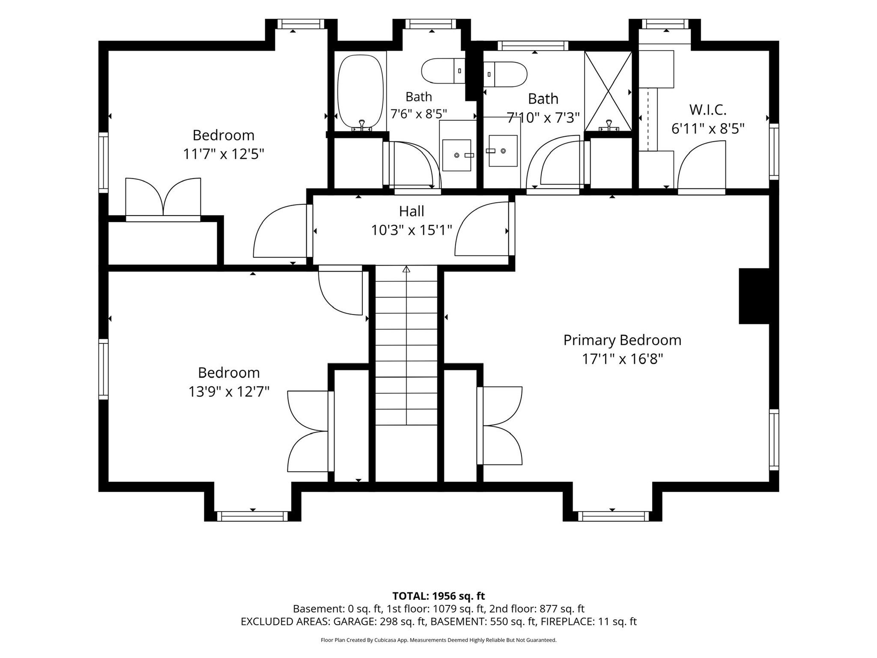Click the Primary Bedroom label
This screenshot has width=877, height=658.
click(x=622, y=340)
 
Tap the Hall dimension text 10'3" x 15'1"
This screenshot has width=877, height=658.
click(x=412, y=230)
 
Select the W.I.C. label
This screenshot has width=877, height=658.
click(x=708, y=110)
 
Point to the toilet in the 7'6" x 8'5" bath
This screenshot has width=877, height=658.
click(x=443, y=71)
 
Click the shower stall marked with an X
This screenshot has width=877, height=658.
click(x=608, y=91)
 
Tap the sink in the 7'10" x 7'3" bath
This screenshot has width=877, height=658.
click(x=503, y=151)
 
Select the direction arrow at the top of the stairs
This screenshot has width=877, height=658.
click(x=406, y=269)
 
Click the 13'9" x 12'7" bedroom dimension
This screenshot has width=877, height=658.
click(x=229, y=392)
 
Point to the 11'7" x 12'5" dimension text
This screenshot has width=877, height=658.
click(x=224, y=154)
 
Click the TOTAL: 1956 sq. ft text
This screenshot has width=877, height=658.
click(x=438, y=596)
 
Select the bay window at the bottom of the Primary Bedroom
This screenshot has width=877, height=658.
click(x=612, y=516)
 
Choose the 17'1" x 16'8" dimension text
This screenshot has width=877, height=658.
click(x=622, y=359)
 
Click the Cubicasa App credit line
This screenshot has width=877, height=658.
click(x=438, y=640)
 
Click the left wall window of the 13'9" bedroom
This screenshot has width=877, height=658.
click(x=103, y=369)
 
